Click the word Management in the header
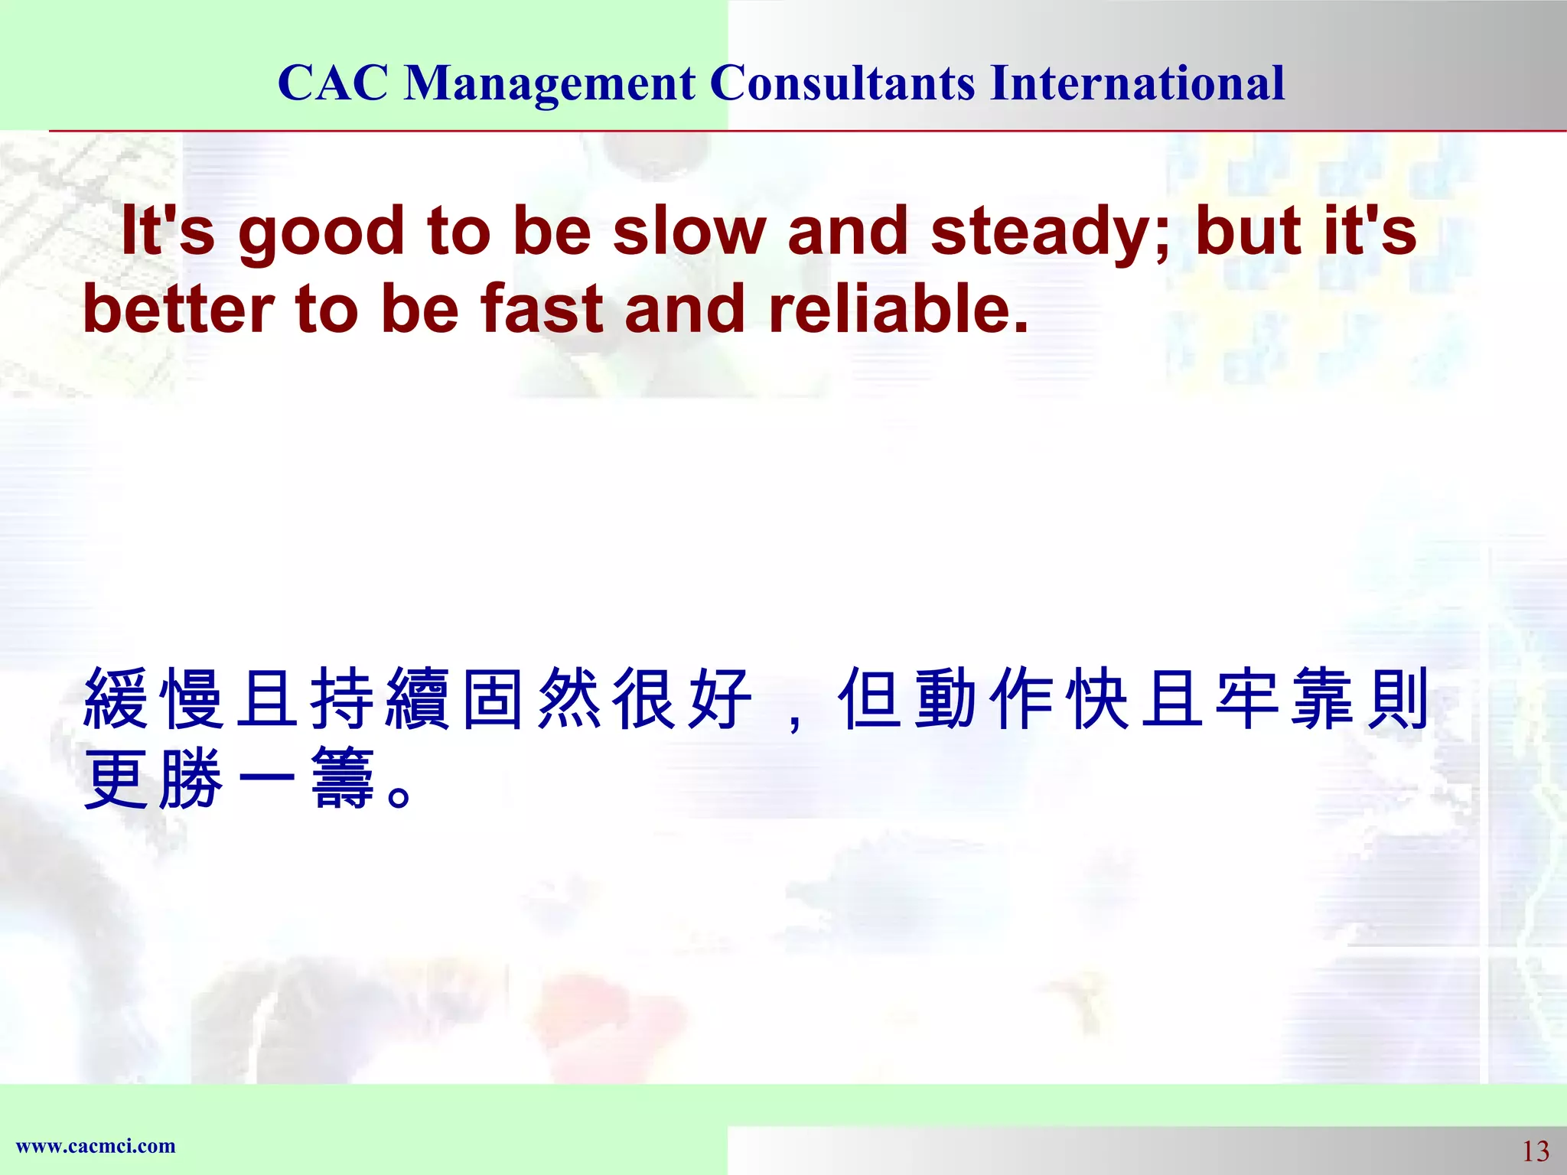pyautogui.click(x=549, y=83)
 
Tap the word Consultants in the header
pyautogui.click(x=842, y=83)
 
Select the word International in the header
pyautogui.click(x=1137, y=83)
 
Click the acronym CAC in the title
pyautogui.click(x=333, y=83)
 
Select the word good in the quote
pyautogui.click(x=321, y=233)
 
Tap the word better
pyautogui.click(x=178, y=310)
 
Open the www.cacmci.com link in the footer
pyautogui.click(x=96, y=1146)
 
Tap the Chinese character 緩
pyautogui.click(x=116, y=698)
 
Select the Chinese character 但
pyautogui.click(x=870, y=698)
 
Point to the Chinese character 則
pyautogui.click(x=1398, y=698)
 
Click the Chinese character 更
pyautogui.click(x=116, y=779)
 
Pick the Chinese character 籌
pyautogui.click(x=342, y=779)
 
